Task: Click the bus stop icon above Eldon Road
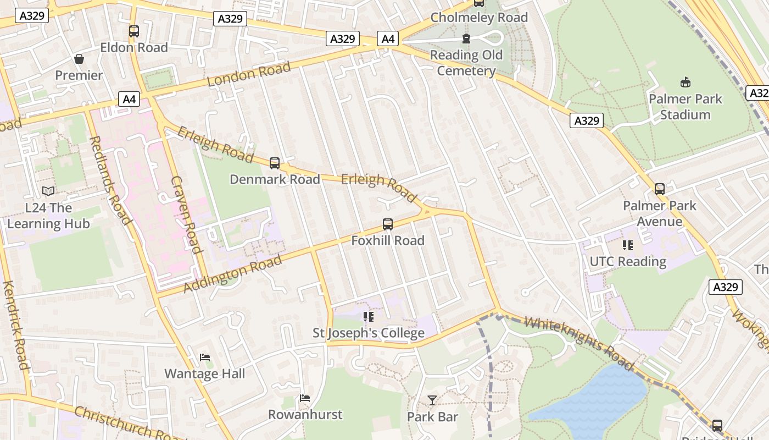134,31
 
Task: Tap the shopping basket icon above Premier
79,59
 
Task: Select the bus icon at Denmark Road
275,163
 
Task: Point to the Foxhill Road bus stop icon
388,224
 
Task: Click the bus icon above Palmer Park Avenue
660,189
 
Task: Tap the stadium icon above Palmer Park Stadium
685,82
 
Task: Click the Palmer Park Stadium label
685,107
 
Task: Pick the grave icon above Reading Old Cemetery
466,38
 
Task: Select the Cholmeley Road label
479,18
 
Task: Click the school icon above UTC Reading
628,245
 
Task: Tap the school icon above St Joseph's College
369,317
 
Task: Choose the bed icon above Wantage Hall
205,358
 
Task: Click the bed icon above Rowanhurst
305,398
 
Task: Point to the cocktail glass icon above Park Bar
432,400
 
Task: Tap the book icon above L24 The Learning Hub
48,191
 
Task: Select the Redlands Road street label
110,180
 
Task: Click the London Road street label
249,74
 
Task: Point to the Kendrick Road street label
15,325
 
